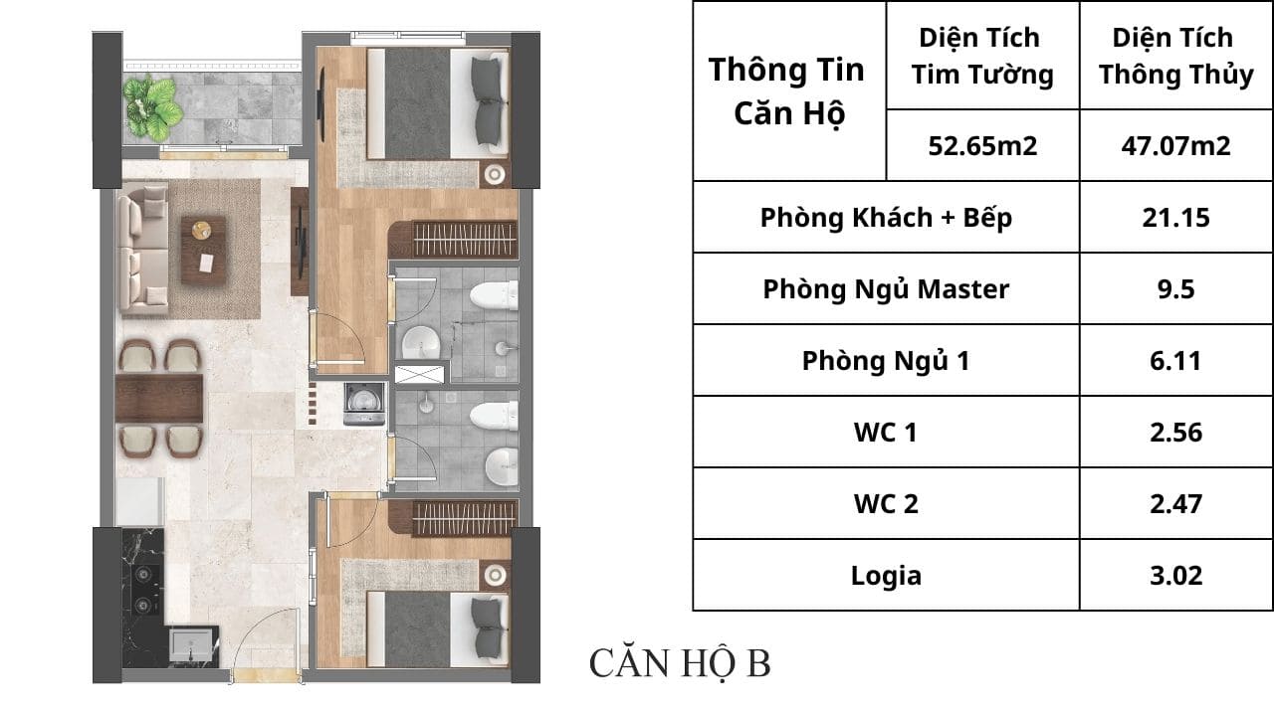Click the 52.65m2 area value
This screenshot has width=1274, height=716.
tap(982, 146)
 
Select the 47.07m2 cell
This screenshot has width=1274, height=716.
tap(1175, 146)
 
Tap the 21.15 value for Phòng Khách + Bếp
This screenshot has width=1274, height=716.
tap(1175, 218)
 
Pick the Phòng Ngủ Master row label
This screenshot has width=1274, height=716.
tap(886, 289)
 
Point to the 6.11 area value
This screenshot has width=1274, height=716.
tap(1175, 361)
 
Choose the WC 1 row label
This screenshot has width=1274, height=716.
tap(886, 433)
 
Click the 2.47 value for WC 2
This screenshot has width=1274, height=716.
tap(1175, 504)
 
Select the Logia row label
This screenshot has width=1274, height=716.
tap(886, 576)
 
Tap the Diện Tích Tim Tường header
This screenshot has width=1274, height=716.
tap(982, 56)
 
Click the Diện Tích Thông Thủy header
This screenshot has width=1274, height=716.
tap(1175, 56)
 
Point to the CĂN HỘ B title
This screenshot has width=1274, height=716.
tap(680, 663)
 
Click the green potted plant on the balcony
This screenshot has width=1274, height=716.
tap(152, 107)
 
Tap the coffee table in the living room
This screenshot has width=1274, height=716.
tap(203, 250)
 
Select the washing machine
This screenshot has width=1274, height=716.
tap(364, 404)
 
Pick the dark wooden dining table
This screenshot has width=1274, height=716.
tap(159, 398)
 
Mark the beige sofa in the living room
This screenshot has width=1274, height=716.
tap(143, 249)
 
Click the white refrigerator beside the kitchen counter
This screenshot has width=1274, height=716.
tap(140, 502)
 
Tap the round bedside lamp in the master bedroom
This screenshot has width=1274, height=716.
tap(495, 174)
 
